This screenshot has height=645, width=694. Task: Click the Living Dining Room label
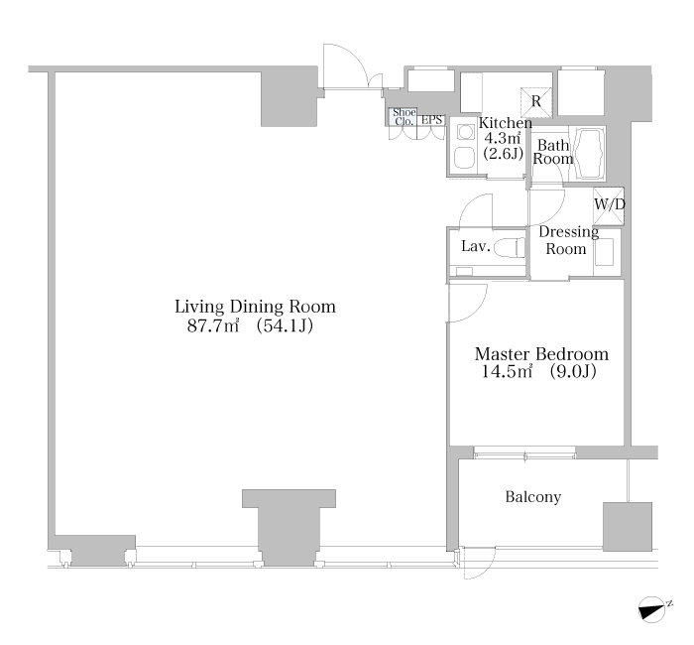256,307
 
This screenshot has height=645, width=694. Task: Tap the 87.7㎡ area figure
213,326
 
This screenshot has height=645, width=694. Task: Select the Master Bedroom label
541,354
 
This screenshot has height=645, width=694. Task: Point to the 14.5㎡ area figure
507,371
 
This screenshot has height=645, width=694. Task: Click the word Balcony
533,497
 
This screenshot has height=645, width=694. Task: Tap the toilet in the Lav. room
509,248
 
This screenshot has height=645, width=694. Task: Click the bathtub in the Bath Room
587,154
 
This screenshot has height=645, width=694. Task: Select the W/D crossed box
609,206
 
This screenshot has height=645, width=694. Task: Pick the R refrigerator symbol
536,102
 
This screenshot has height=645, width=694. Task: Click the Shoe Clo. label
405,117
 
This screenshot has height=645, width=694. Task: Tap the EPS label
431,120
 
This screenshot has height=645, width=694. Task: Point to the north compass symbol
653,609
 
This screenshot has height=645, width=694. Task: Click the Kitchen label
506,123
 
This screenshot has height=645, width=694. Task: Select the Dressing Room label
568,240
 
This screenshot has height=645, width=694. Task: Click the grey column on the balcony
628,527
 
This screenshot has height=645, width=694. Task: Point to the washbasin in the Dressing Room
604,252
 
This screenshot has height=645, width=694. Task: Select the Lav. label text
476,246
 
